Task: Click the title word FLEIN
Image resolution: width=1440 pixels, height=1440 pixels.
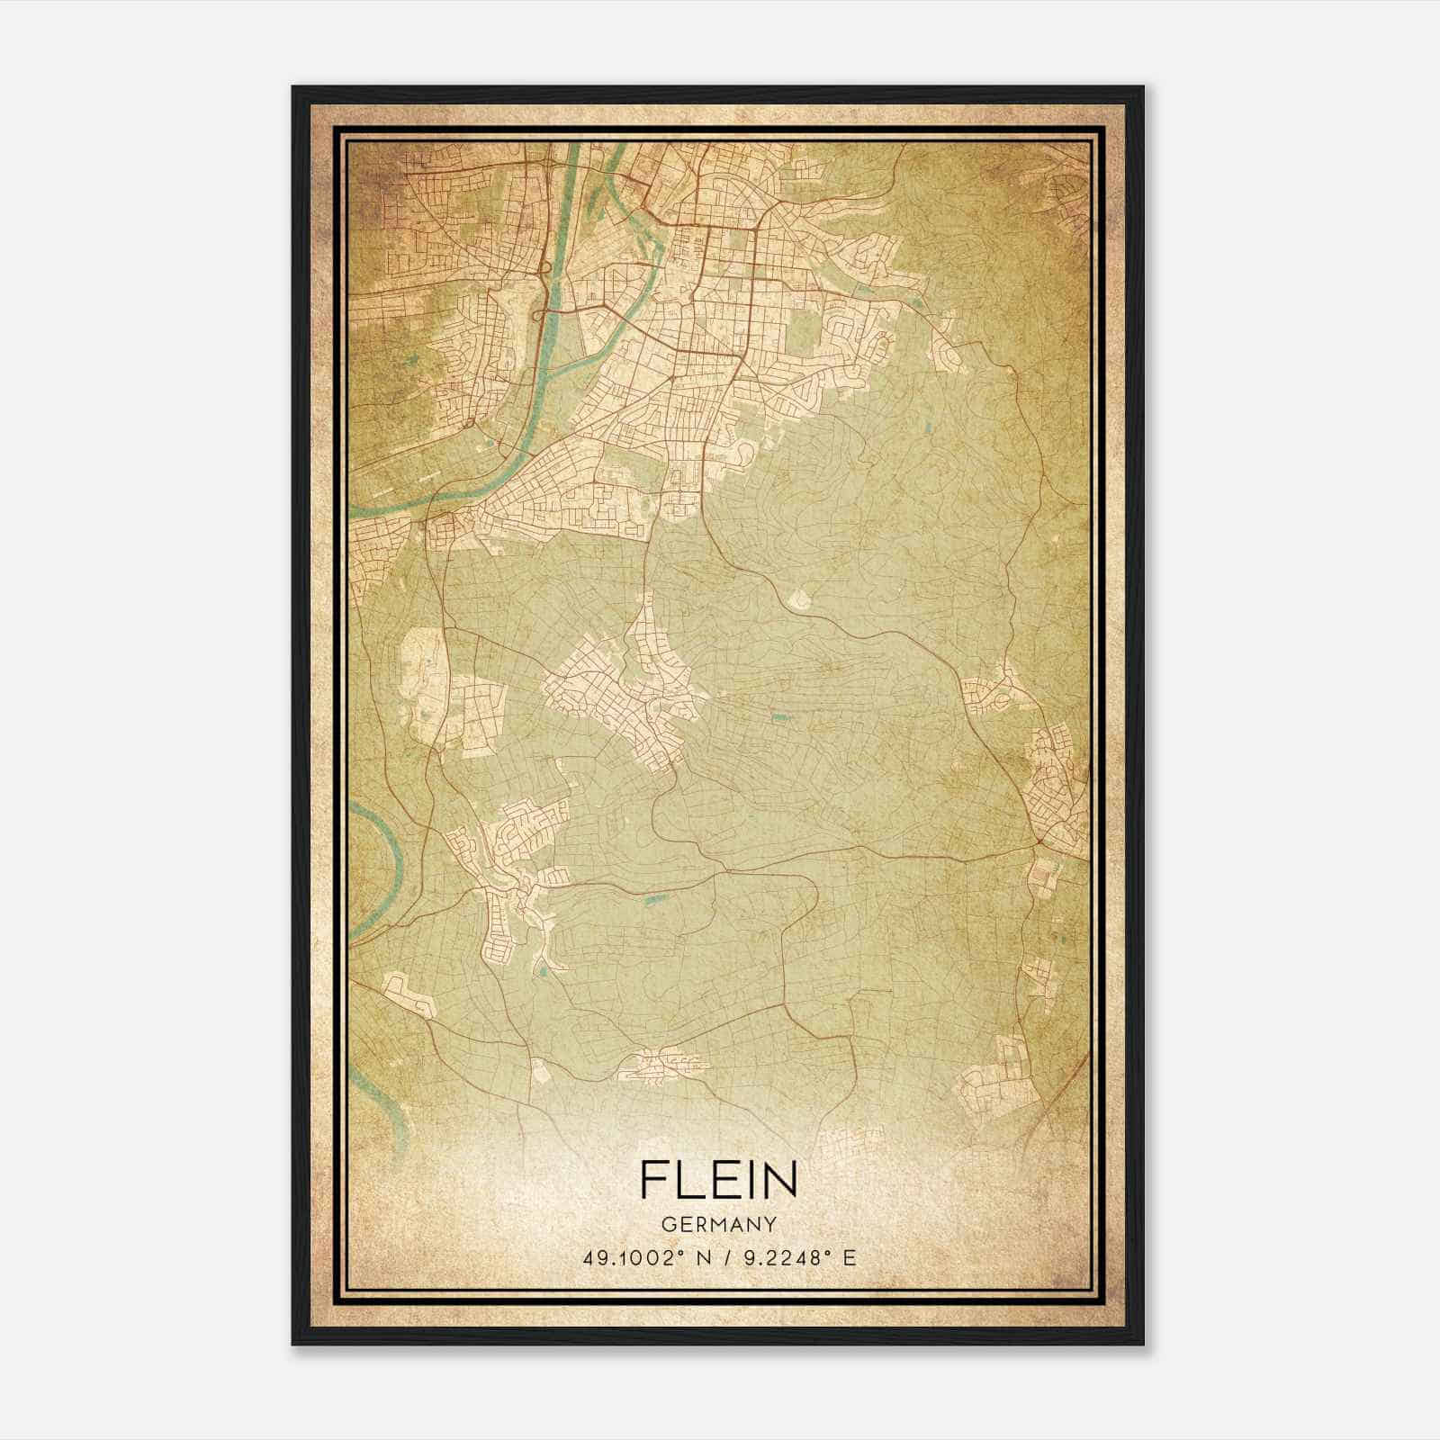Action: click(x=719, y=1179)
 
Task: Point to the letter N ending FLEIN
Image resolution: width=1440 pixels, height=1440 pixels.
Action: click(x=781, y=1179)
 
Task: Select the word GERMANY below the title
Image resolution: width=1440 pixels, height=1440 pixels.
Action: click(x=719, y=1224)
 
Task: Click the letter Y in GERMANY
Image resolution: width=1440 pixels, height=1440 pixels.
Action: click(x=770, y=1224)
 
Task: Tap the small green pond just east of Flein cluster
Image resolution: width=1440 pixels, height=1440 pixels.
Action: click(x=777, y=717)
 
